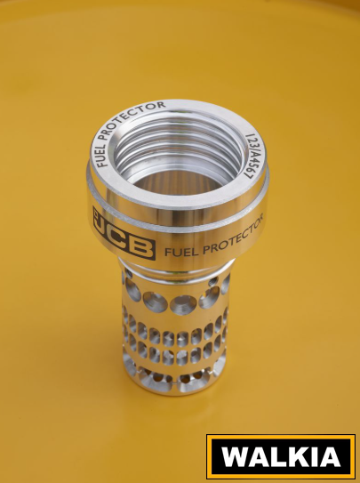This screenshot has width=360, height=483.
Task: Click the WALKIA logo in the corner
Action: pos(281,456)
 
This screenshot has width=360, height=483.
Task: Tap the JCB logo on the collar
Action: pos(124,233)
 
